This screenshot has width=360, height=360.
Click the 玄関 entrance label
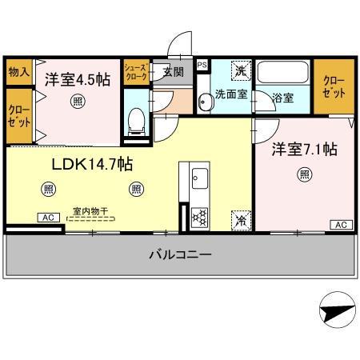173,72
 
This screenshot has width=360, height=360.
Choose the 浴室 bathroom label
282,98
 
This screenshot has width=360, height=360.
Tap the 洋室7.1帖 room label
305,150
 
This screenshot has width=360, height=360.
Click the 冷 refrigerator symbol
240,217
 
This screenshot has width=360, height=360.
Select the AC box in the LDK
48,217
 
